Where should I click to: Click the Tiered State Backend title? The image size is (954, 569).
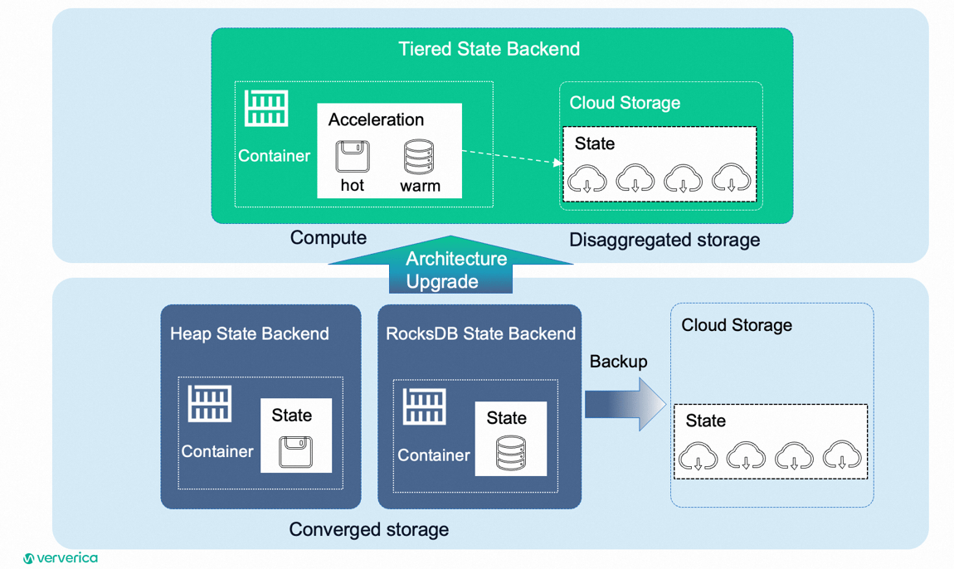pyautogui.click(x=489, y=49)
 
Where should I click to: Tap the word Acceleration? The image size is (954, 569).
pyautogui.click(x=376, y=119)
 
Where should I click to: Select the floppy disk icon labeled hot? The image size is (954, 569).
pyautogui.click(x=353, y=156)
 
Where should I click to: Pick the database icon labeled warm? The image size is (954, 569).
pyautogui.click(x=419, y=156)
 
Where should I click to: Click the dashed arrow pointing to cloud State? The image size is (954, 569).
pyautogui.click(x=511, y=158)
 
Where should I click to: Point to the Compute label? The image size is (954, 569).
pyautogui.click(x=328, y=238)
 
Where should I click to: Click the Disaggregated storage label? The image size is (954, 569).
pyautogui.click(x=664, y=241)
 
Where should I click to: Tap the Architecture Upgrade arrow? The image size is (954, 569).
pyautogui.click(x=450, y=270)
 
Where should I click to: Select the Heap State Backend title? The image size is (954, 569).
pyautogui.click(x=250, y=333)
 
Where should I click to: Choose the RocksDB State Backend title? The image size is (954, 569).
pyautogui.click(x=480, y=333)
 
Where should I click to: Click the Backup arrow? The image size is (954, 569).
pyautogui.click(x=625, y=404)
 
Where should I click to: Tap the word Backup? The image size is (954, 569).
pyautogui.click(x=618, y=362)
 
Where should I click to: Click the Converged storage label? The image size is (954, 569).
pyautogui.click(x=368, y=529)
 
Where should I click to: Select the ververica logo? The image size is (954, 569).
pyautogui.click(x=61, y=558)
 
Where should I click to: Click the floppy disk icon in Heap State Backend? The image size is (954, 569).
pyautogui.click(x=295, y=453)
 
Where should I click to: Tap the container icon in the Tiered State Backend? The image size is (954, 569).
pyautogui.click(x=266, y=108)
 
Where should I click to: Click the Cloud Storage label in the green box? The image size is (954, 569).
pyautogui.click(x=625, y=103)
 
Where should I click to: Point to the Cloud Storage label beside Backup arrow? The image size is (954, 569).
pyautogui.click(x=736, y=325)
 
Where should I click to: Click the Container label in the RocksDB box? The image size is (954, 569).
pyautogui.click(x=433, y=455)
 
